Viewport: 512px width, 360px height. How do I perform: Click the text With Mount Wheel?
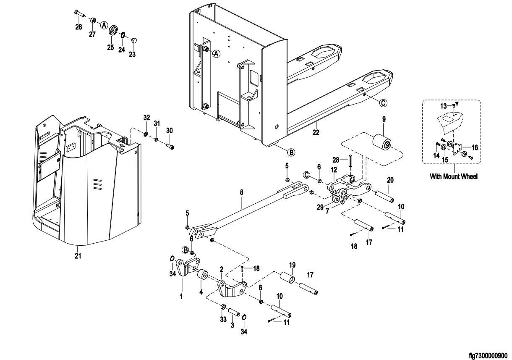(x=453, y=177)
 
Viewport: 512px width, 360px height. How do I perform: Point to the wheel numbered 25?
(x=113, y=31)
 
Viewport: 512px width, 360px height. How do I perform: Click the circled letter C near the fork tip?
(x=383, y=102)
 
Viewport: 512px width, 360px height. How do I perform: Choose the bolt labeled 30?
(x=171, y=147)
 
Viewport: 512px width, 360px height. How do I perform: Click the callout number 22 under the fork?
(x=316, y=132)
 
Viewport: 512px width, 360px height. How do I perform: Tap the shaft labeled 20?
(x=385, y=196)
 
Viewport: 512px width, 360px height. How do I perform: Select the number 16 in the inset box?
(x=475, y=147)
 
